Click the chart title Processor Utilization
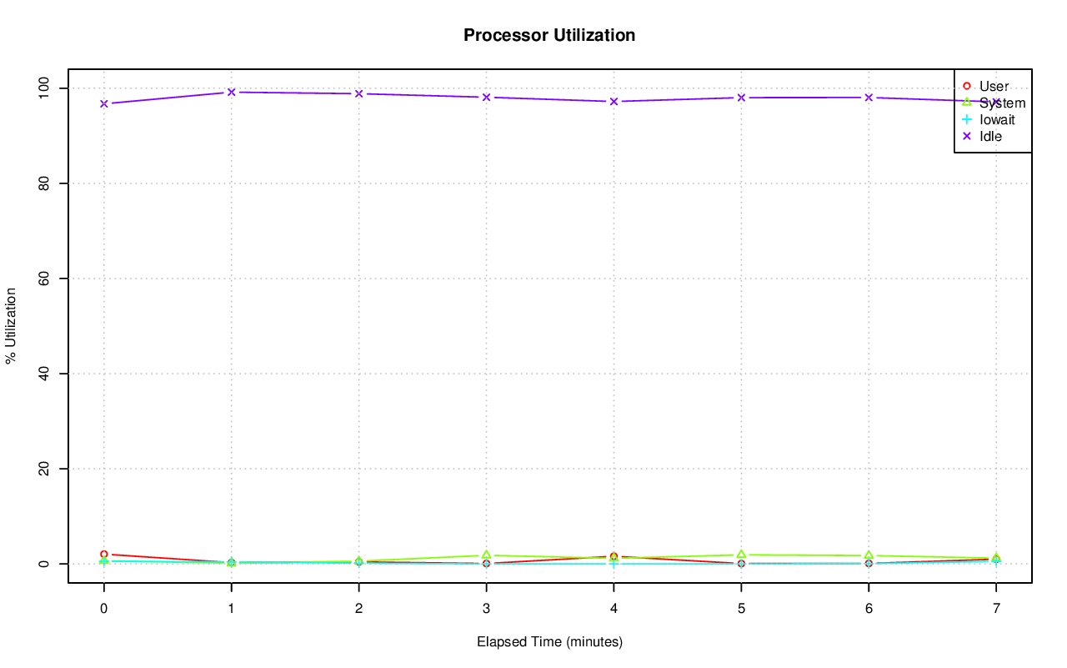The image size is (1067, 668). (549, 35)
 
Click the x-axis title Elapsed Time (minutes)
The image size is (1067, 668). (549, 642)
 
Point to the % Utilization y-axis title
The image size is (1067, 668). (11, 325)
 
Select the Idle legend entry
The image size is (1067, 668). (990, 136)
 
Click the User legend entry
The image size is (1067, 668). (994, 86)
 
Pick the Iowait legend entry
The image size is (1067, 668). (997, 119)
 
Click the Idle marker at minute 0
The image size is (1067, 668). (104, 103)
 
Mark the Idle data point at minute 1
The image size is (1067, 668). (232, 92)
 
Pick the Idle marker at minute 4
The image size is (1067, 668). (614, 102)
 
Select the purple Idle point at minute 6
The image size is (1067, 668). (869, 98)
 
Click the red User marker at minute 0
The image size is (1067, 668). (104, 554)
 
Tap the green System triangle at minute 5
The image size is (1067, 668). (741, 555)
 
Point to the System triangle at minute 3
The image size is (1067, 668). (486, 555)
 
